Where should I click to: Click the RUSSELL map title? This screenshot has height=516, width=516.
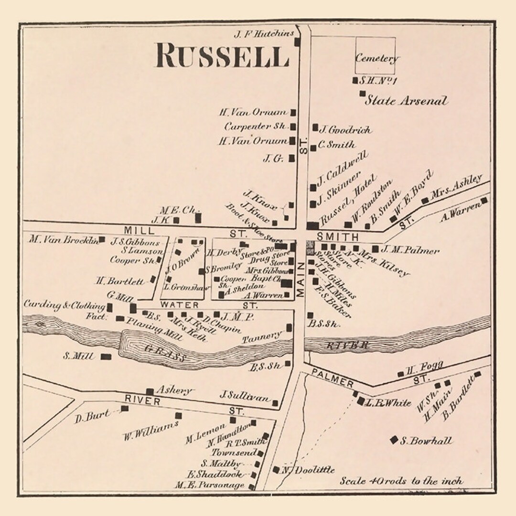[223, 56]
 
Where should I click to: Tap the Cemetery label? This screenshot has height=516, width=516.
[376, 59]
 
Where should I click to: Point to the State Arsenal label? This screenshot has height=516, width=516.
[407, 101]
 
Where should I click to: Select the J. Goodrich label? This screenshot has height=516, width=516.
[345, 129]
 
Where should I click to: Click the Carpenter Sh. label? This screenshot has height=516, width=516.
[255, 127]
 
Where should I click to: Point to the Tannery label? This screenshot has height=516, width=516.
[261, 337]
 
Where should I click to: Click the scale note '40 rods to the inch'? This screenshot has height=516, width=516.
[401, 481]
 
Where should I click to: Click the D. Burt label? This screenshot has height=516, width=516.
[92, 417]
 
